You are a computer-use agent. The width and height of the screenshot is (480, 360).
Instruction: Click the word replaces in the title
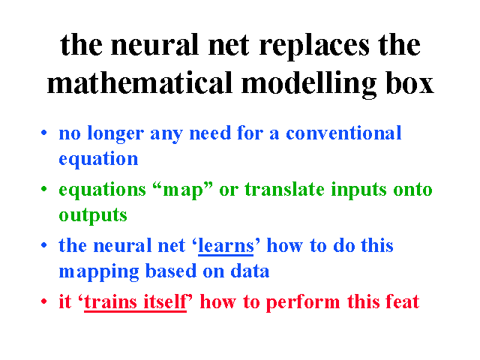coord(314,46)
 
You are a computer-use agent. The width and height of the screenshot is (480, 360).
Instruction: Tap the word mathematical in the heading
coord(139,82)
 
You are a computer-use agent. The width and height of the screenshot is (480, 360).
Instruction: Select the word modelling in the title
coord(309,85)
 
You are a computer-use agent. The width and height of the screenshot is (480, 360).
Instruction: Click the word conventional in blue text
coord(343,133)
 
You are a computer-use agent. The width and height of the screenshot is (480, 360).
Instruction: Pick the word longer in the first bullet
coord(115,134)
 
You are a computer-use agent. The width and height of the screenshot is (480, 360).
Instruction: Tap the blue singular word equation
coord(98,159)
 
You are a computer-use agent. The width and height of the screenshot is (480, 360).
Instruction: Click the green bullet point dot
coord(44,189)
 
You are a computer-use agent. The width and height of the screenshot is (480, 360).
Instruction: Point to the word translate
coord(284,189)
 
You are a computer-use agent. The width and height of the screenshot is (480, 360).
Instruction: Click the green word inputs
coord(358,190)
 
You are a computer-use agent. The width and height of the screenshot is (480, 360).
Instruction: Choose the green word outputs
coord(93,216)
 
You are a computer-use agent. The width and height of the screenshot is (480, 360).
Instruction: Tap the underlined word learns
coord(226,245)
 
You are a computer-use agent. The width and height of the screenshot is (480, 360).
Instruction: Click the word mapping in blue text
coord(98,272)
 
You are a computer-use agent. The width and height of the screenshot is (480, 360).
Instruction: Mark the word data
coord(250,271)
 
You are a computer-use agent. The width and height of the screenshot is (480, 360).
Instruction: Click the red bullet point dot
coord(44,301)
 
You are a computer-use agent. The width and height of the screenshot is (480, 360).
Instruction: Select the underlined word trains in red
coord(110,301)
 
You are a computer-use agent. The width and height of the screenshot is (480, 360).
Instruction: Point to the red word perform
coord(303,303)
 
